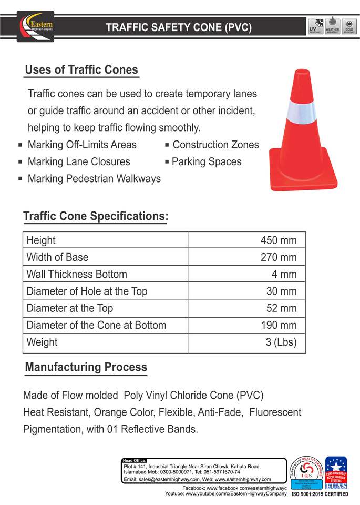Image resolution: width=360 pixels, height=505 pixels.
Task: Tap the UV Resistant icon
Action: point(315,26)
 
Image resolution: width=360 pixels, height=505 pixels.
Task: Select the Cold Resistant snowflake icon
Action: point(348,26)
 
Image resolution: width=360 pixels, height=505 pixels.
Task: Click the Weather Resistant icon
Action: point(332,26)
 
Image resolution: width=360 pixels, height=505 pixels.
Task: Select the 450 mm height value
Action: point(279,240)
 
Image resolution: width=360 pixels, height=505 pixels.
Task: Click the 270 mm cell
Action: point(279,257)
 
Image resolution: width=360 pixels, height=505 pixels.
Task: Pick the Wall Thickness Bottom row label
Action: point(77,274)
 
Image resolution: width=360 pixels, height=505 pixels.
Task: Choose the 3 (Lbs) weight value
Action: point(281,342)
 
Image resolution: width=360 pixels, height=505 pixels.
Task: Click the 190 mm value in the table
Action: point(279,325)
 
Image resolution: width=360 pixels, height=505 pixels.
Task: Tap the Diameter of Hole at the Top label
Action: point(87,291)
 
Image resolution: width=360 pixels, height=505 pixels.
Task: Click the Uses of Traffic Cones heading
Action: point(81,70)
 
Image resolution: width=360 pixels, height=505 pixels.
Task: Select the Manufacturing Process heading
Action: point(86,367)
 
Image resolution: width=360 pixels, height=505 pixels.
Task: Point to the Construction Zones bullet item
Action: point(215,145)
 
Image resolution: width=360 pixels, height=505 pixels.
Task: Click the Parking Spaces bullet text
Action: point(207,161)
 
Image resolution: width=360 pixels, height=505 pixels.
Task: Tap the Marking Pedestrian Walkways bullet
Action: point(94,179)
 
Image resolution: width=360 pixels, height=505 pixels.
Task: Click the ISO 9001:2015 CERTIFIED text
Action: point(320,495)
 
